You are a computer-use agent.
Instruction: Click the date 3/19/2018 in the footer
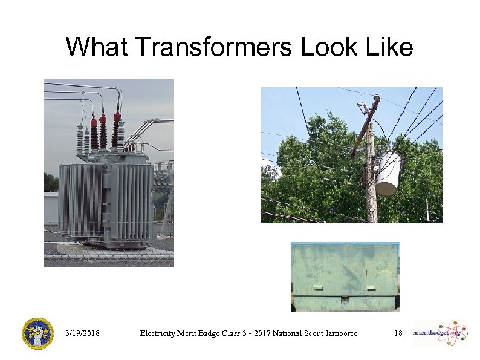pos(83,333)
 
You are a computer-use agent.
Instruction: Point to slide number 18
pos(398,333)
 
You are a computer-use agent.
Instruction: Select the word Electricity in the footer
pos(158,333)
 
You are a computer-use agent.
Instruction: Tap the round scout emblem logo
pos(37,333)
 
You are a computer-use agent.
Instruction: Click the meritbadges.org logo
pos(440,332)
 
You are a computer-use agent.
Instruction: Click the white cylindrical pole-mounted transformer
pos(388,173)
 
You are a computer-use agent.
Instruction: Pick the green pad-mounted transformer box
pos(345,275)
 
